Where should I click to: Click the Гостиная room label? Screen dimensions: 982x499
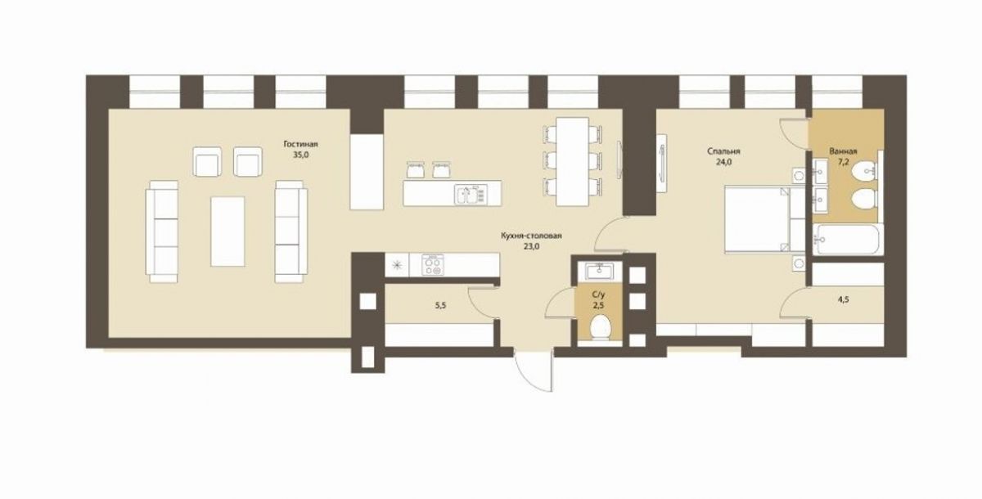coord(300,144)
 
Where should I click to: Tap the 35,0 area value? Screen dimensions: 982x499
coord(301,155)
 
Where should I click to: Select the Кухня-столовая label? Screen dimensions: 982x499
coord(531,236)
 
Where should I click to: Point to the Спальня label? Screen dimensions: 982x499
coord(723,151)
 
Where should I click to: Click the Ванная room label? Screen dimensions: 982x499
coord(843,151)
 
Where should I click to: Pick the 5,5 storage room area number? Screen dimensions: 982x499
coord(440,306)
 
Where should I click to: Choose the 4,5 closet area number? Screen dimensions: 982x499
coord(843,300)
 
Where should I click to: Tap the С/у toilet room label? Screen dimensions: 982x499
coord(598,294)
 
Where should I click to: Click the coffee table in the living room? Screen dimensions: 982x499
coord(227,232)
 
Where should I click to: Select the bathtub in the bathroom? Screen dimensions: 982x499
coord(848,239)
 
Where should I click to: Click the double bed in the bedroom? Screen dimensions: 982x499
coord(765,219)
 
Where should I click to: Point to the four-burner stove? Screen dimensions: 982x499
coord(433,265)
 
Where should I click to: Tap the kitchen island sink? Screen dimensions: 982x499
coord(471,195)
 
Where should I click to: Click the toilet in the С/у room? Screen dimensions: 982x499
coord(600,329)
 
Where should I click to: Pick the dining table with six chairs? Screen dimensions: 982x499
coord(572,161)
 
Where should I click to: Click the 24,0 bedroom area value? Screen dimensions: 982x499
coord(723,162)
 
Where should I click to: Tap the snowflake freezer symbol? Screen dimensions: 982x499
coord(397,265)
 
